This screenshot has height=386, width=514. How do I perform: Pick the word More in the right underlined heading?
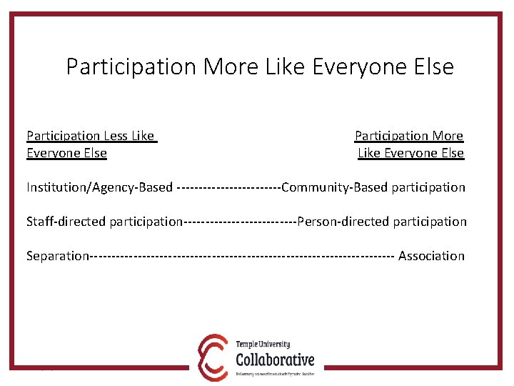click(448, 136)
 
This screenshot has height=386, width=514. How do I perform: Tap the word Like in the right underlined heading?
click(370, 153)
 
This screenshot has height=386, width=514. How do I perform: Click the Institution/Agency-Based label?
click(99, 188)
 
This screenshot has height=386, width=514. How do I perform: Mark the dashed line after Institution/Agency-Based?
click(228, 188)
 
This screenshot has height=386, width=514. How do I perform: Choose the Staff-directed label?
click(66, 222)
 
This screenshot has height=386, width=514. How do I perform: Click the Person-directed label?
click(343, 222)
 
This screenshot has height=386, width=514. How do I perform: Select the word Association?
click(431, 256)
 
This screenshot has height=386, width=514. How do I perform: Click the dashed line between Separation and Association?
click(243, 256)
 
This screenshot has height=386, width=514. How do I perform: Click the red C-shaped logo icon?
click(213, 356)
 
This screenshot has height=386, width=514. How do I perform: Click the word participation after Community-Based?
click(428, 188)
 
